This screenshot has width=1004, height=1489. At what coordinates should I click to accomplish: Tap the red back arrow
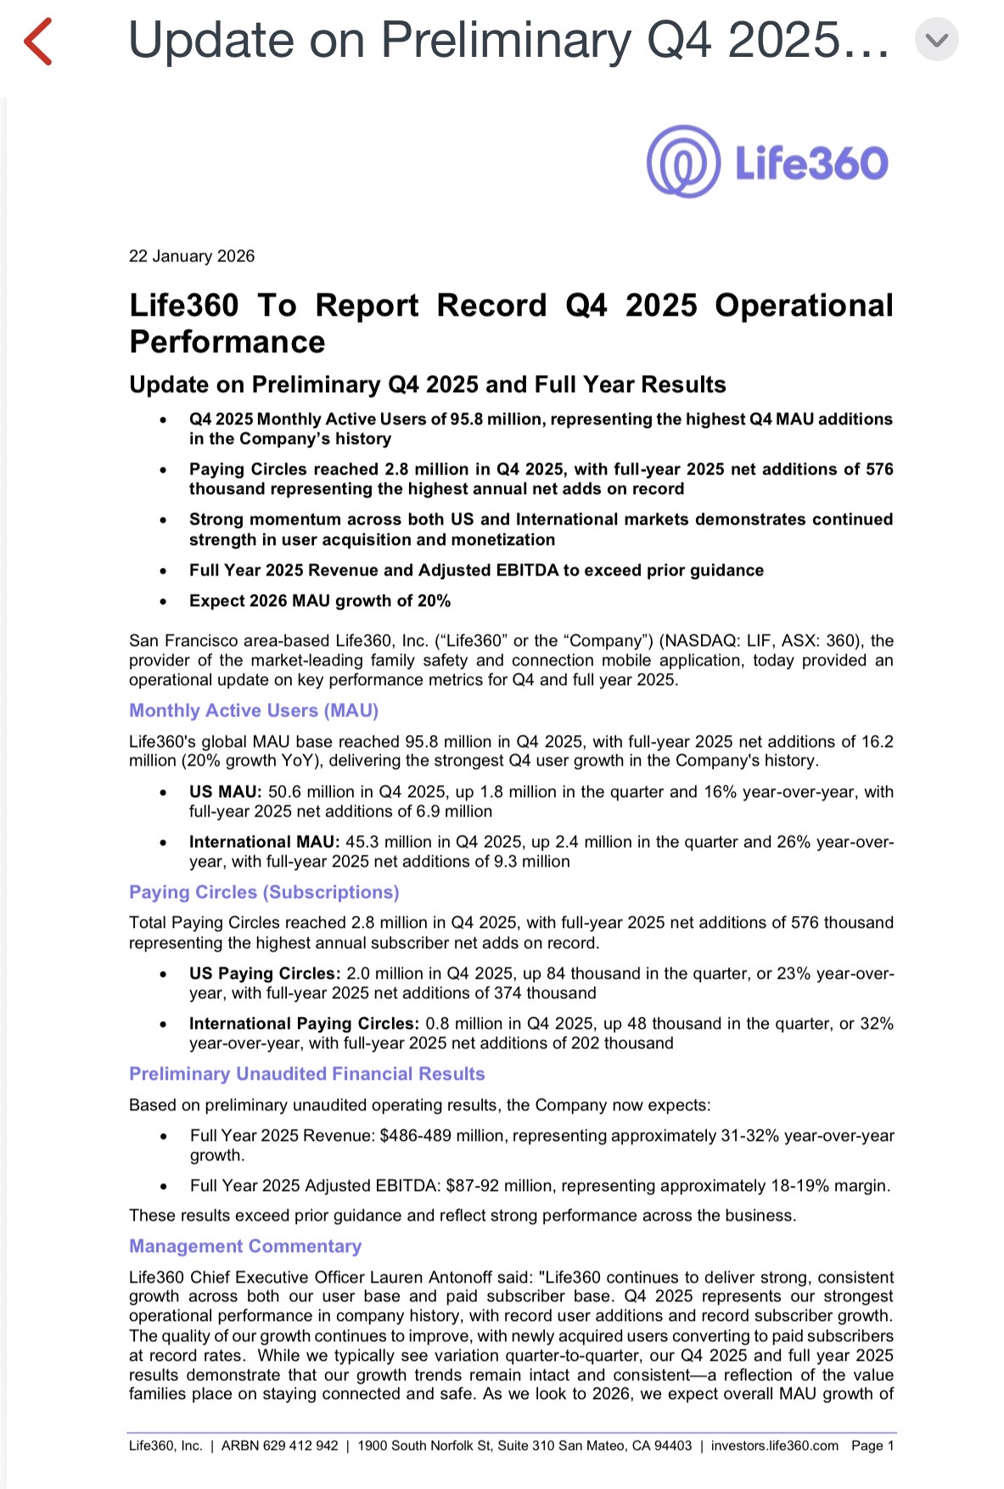pos(38,42)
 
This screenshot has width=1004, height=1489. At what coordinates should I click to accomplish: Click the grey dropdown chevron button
pos(936,40)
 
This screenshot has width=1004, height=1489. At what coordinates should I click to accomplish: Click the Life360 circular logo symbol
pos(683,162)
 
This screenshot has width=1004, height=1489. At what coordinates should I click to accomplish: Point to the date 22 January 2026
pos(192,256)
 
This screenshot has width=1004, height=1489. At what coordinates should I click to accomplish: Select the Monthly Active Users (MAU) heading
pos(254,711)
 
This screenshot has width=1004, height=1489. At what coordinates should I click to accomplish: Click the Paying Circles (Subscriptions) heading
pos(264,892)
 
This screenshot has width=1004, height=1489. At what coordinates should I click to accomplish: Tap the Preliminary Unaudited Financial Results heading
pos(307,1074)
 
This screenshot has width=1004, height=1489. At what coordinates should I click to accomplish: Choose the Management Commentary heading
pos(245,1246)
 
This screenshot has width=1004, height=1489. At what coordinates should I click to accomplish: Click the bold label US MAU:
pos(226,792)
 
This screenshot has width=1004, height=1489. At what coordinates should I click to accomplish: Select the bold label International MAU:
pos(264,842)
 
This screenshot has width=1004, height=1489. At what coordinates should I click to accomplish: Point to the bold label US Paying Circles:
pos(265,974)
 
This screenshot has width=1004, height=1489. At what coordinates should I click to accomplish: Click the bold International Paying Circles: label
pos(304,1024)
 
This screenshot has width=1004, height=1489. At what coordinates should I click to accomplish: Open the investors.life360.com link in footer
pos(774,1446)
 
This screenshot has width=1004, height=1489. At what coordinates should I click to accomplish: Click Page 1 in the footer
pos(872,1446)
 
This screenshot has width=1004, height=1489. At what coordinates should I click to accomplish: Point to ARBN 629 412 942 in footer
pos(279,1446)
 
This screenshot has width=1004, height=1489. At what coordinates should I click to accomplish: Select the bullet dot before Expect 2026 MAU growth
pos(163,602)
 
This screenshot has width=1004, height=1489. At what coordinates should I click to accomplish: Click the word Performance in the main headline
pos(227,342)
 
